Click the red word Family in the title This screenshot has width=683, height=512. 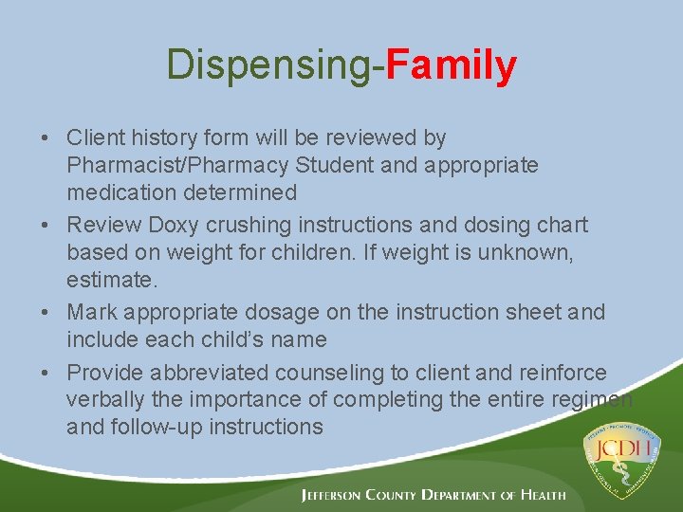point(451,65)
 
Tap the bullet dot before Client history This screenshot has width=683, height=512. point(46,138)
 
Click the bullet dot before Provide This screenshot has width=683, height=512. point(46,373)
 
